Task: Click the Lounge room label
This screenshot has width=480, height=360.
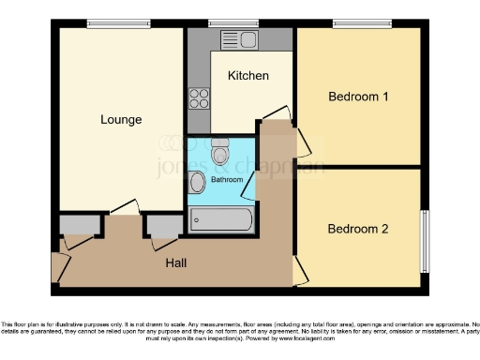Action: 122,120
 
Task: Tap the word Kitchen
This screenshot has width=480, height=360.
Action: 247,76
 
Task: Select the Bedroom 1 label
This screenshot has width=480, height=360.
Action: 357,97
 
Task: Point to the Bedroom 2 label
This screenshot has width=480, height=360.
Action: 357,228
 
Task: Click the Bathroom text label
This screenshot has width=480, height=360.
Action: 226,179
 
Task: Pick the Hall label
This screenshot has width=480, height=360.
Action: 175,263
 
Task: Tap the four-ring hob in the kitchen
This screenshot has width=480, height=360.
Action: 198,97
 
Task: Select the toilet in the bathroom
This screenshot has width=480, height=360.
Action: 220,152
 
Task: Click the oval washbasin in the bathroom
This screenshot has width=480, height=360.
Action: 197,182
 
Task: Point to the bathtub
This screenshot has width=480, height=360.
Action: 220,220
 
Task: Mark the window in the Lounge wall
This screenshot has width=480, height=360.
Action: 112,23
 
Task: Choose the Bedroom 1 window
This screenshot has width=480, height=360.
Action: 362,23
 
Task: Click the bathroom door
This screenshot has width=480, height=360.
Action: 248,187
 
